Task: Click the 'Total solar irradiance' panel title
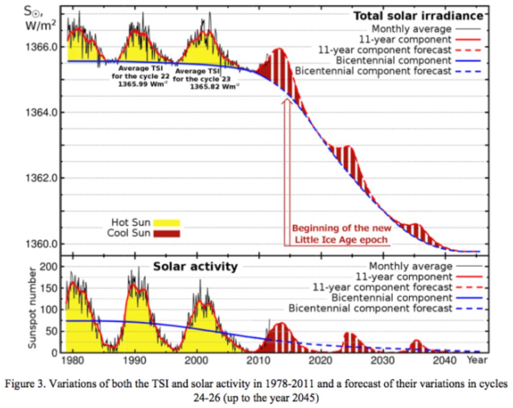(x=418, y=16)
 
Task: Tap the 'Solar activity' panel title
(x=195, y=267)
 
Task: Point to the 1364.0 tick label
(x=37, y=113)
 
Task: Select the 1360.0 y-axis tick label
(x=37, y=243)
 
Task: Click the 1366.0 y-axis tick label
(x=37, y=47)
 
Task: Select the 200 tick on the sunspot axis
(x=52, y=267)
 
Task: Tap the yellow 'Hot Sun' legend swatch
(x=166, y=223)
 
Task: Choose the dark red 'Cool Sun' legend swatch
(x=166, y=233)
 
